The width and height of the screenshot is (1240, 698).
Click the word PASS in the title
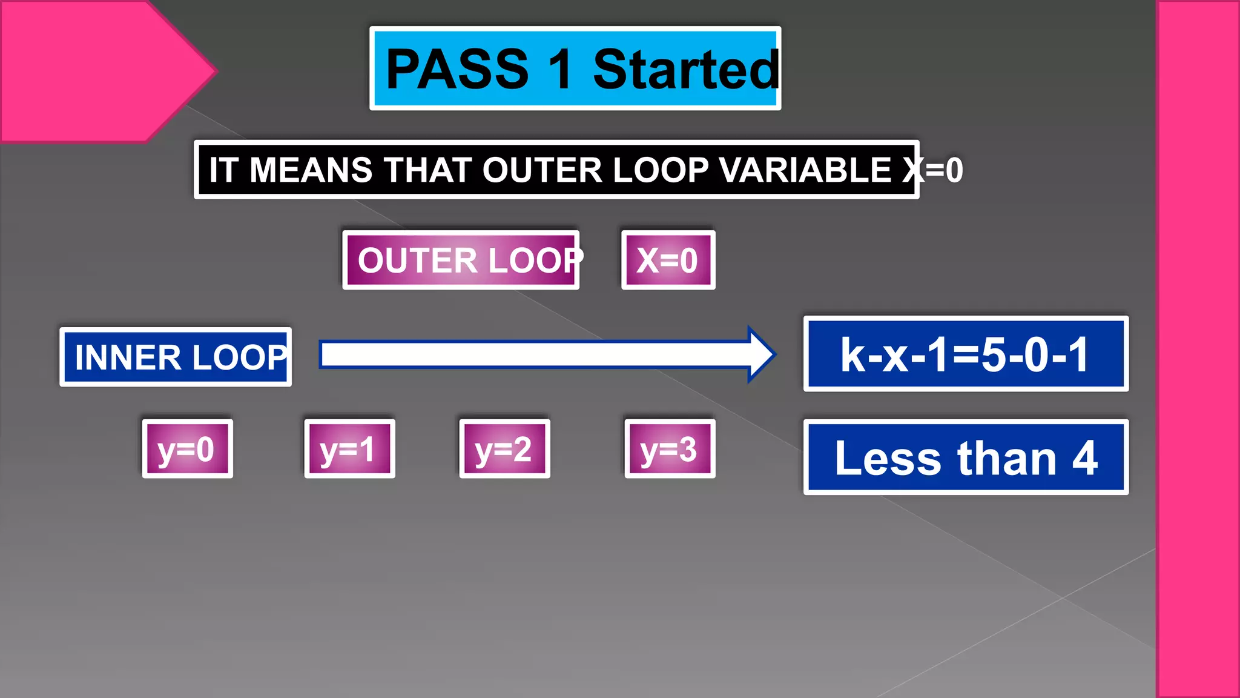click(457, 69)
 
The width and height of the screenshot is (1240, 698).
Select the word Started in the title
click(685, 69)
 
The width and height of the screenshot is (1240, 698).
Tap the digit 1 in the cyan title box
click(560, 69)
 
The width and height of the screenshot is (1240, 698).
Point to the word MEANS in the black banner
click(311, 170)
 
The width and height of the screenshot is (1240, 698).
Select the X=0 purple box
click(668, 261)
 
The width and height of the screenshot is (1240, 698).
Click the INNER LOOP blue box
click(176, 357)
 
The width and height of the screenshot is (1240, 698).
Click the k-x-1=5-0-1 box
click(966, 354)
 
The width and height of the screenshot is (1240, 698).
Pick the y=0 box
click(187, 449)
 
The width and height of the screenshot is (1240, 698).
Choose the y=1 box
click(349, 449)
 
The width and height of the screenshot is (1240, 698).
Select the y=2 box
click(504, 449)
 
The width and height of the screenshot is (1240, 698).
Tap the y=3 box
click(670, 449)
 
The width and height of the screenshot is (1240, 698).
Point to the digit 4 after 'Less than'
click(1085, 458)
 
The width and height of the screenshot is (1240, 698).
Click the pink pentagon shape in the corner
click(91, 70)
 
